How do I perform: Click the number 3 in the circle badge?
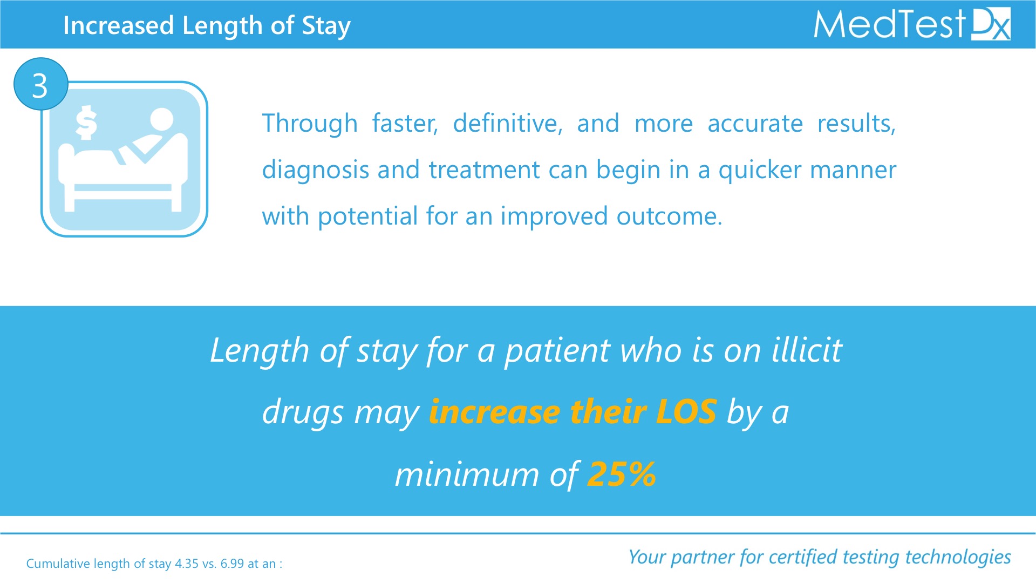tap(40, 86)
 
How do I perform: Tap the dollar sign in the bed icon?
tap(86, 123)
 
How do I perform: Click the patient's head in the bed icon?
tap(161, 119)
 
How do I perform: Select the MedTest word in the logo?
tap(889, 24)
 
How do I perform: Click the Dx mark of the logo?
tap(991, 24)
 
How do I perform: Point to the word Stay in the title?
tap(326, 26)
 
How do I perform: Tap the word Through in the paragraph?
tap(310, 124)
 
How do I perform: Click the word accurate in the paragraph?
tap(755, 124)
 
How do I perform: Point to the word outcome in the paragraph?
tap(669, 217)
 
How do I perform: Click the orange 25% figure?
tap(622, 474)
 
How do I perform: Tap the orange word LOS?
tap(686, 412)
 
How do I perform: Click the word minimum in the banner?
tap(467, 474)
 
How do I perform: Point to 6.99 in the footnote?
tap(232, 564)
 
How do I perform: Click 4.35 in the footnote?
tap(187, 564)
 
